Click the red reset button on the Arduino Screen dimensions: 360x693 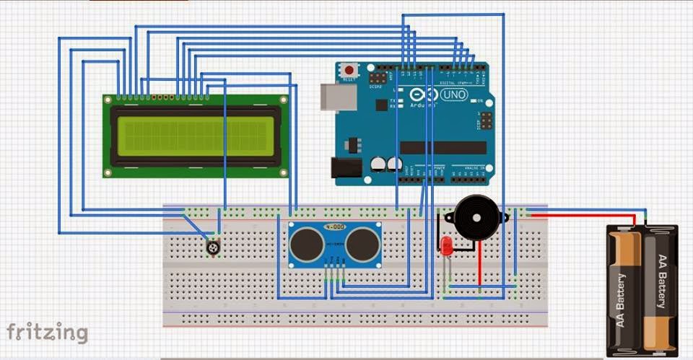(349, 71)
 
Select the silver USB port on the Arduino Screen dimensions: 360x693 (334, 97)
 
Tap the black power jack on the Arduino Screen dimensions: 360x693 (345, 167)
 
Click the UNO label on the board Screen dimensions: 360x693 (455, 95)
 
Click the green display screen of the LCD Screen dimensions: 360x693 (196, 137)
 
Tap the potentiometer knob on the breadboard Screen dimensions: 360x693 (212, 247)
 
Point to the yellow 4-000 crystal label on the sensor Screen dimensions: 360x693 (334, 227)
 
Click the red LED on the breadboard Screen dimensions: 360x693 (447, 245)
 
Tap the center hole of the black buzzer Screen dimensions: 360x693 (474, 217)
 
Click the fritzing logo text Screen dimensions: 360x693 (48, 333)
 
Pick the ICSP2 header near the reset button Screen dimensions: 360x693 (378, 76)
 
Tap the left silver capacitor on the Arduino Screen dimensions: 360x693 (378, 165)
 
